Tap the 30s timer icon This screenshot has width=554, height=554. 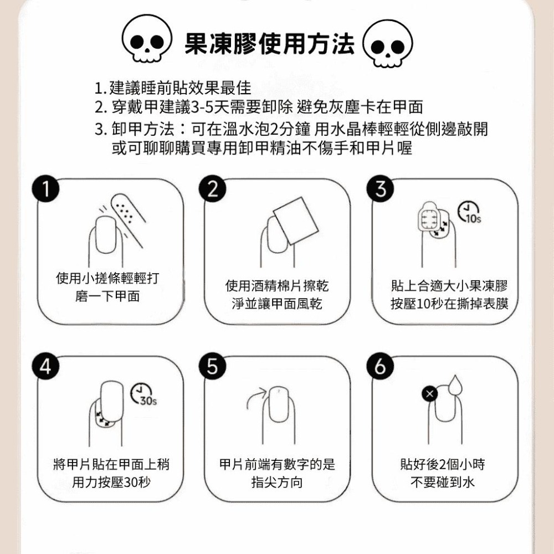(x=143, y=393)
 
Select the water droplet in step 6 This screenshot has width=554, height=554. (x=455, y=386)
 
